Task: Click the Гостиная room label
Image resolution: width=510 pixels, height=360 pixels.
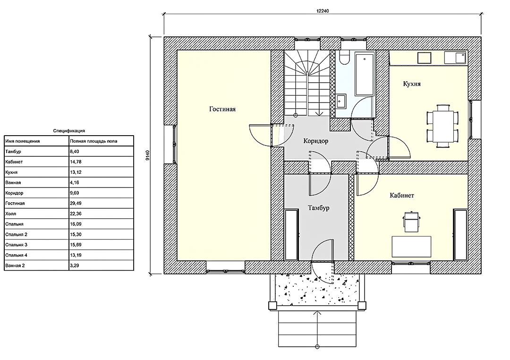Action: click(x=222, y=109)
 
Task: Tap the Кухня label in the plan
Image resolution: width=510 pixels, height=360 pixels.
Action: click(x=412, y=84)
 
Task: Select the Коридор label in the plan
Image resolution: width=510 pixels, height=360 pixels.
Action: click(x=315, y=141)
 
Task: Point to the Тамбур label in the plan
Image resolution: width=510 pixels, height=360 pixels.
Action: click(x=319, y=208)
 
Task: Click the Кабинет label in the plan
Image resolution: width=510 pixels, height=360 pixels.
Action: click(x=402, y=195)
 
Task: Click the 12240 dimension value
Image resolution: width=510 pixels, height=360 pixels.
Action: click(x=323, y=11)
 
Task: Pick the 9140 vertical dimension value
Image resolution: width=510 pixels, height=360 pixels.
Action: click(x=147, y=155)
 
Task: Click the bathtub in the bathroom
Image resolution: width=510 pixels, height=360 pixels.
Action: click(x=364, y=74)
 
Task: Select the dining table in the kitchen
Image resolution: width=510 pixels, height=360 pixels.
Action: click(x=442, y=126)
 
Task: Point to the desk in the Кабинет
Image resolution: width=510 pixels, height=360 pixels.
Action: click(x=411, y=247)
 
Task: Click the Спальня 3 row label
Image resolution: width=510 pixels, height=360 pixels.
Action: click(x=16, y=245)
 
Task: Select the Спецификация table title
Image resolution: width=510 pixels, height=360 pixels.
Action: click(x=69, y=131)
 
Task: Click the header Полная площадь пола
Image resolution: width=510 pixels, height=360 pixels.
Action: click(x=93, y=141)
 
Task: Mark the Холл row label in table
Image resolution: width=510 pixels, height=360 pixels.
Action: click(x=11, y=214)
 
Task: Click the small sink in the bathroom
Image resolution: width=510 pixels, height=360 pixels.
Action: click(x=341, y=101)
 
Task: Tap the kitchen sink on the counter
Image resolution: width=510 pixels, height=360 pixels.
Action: click(x=456, y=58)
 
